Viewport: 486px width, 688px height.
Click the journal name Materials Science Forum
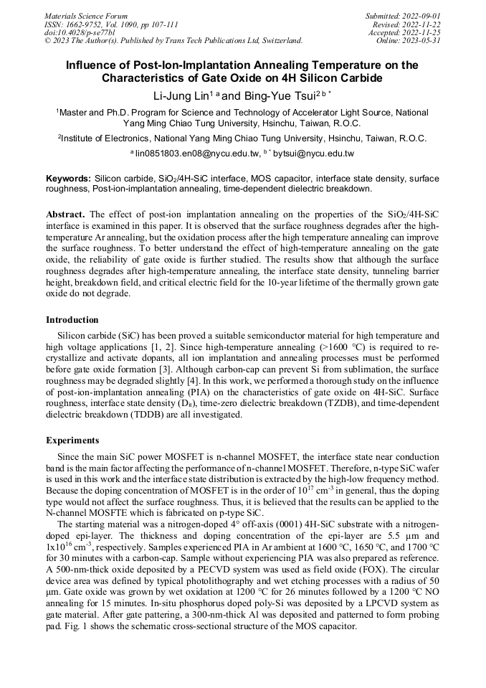tap(86, 16)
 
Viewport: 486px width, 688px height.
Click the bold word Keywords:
tap(68, 178)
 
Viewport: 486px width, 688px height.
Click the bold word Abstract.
tap(66, 215)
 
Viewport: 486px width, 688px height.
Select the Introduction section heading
tap(72, 320)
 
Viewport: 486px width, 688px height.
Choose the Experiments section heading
tap(72, 440)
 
